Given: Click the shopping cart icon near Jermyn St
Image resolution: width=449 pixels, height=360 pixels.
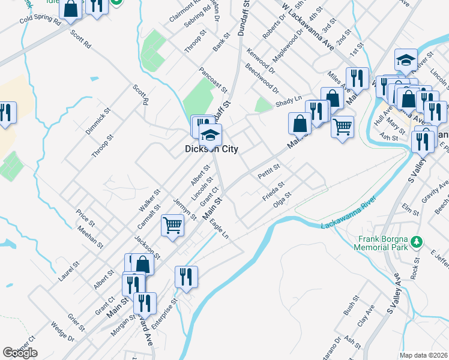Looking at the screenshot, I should pos(172,226).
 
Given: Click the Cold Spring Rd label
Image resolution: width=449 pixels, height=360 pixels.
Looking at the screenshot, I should pos(41,21).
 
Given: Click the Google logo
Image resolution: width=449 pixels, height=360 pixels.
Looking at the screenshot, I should pos(20,353).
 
